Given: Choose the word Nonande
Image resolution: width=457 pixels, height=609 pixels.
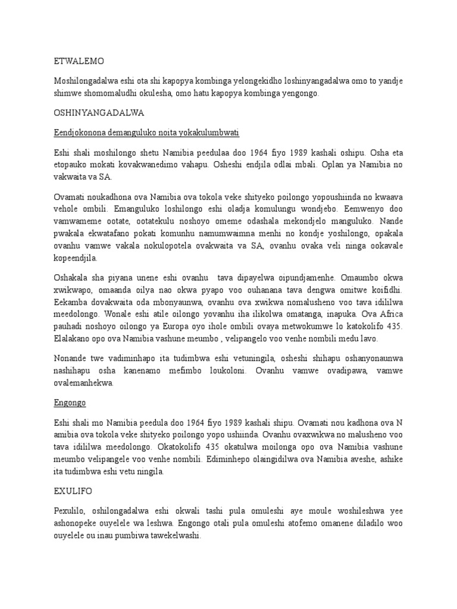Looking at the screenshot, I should pyautogui.click(x=70, y=359).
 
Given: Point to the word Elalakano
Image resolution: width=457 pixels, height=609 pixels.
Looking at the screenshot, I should pyautogui.click(x=73, y=338).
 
